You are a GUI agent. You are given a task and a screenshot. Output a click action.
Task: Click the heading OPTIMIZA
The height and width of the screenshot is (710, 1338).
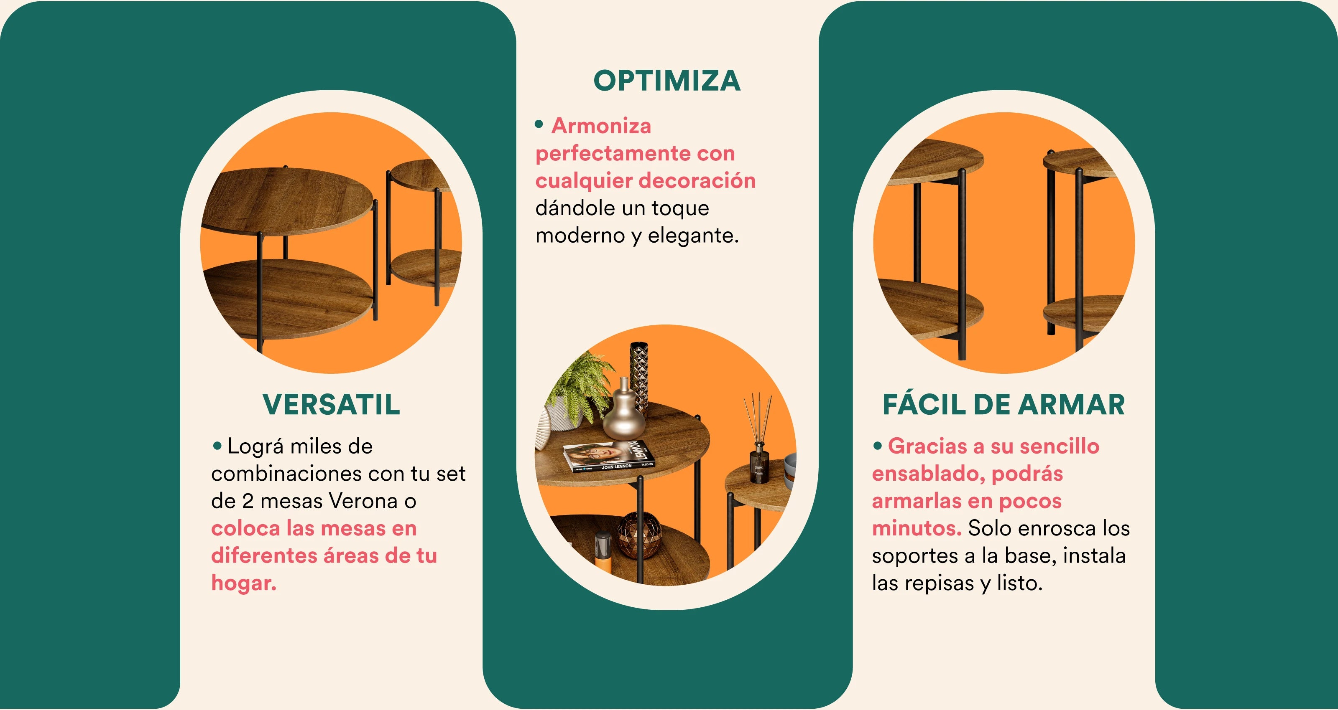point(667,81)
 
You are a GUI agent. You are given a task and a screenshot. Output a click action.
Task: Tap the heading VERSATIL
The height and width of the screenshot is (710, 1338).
point(332,405)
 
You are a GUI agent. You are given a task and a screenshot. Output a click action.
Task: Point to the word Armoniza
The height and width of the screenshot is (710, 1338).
point(601,126)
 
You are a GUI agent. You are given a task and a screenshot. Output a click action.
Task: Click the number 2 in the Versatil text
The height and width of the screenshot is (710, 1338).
point(248,501)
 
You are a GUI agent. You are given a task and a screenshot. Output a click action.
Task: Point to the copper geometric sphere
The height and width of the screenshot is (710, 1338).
point(639,535)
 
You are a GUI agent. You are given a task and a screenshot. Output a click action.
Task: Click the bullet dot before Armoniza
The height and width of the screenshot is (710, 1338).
point(539,124)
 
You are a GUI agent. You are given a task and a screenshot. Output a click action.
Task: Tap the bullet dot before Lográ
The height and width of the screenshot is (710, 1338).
point(217,445)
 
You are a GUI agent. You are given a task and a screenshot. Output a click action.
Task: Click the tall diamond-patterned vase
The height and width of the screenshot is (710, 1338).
point(639,376)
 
